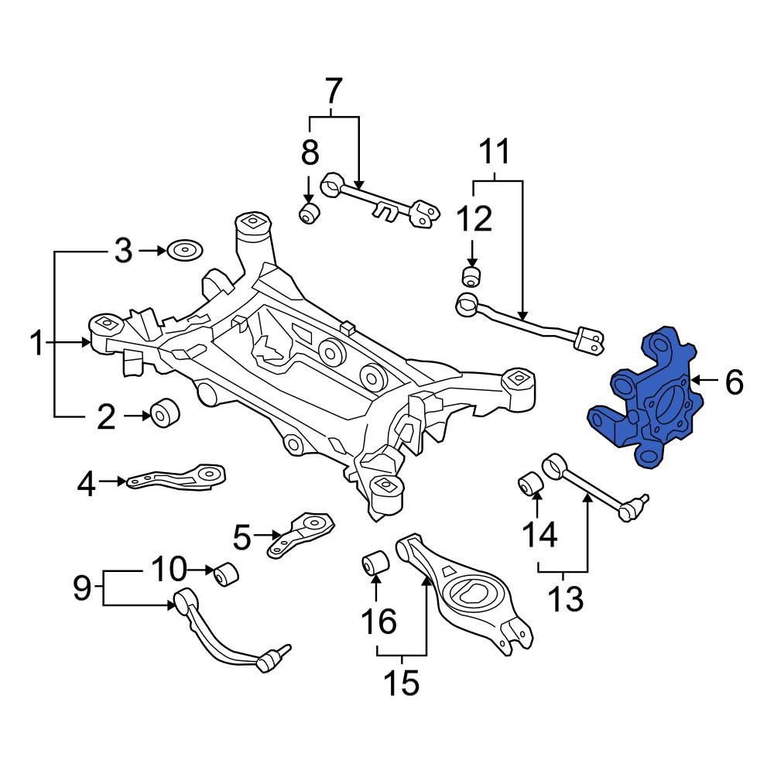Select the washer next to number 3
coord(184,250)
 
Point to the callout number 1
coord(36,343)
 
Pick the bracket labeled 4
coord(178,478)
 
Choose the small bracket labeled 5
coord(302,534)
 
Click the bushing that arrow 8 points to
coord(310,213)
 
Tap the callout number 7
coord(332,91)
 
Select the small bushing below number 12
coord(471,276)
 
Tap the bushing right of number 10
coord(226,574)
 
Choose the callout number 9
coord(81,590)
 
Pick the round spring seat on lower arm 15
coord(471,593)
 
